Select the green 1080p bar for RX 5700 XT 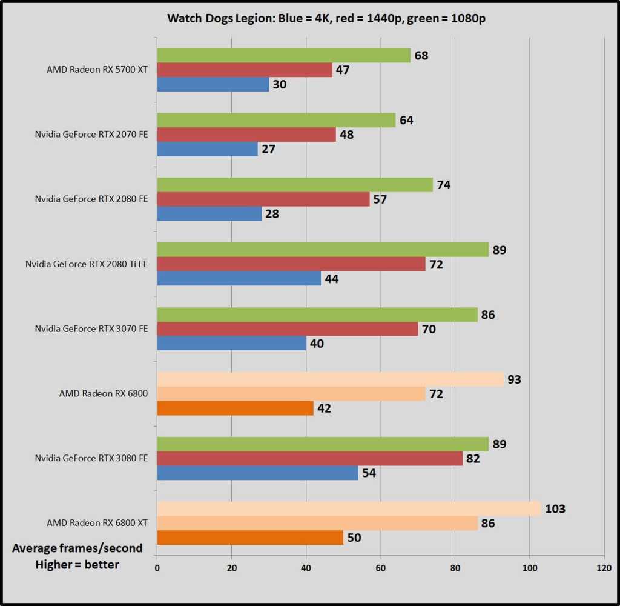(283, 56)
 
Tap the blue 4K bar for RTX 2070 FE (207, 148)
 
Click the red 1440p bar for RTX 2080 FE (263, 199)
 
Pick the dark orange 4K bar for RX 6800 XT (249, 537)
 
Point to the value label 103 (555, 509)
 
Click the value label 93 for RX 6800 (515, 379)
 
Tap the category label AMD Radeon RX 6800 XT (97, 522)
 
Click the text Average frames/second (77, 548)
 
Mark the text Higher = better (77, 565)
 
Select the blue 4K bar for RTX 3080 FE (258, 473)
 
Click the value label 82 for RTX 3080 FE (473, 459)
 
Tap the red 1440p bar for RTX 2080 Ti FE (291, 264)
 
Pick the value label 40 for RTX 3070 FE (316, 344)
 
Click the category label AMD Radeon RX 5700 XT (97, 70)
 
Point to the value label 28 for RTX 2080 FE (271, 214)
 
